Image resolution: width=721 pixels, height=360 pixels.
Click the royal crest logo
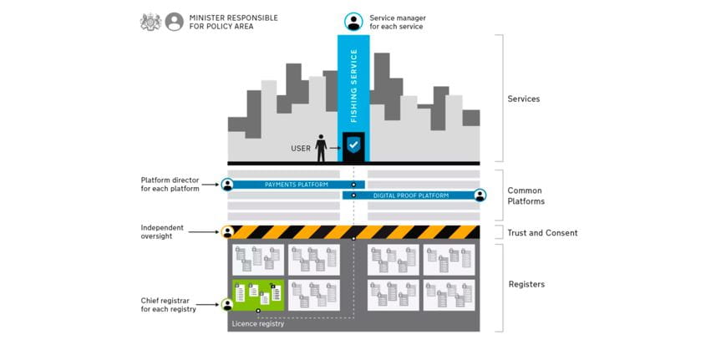coord(151,22)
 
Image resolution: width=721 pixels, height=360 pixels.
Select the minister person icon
coord(175,22)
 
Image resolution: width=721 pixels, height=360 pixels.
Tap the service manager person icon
coord(353,22)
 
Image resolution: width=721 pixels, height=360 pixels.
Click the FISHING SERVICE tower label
coord(353,85)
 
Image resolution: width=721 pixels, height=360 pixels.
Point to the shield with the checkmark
coord(353,145)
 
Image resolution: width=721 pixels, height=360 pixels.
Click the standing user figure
coord(321,148)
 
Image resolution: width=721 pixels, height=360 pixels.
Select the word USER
coord(301,149)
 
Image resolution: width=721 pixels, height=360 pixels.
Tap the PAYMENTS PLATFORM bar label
coord(297,185)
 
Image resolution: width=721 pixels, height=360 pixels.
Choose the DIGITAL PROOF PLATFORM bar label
coord(410,195)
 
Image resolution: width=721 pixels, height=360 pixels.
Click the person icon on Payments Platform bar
coord(227,185)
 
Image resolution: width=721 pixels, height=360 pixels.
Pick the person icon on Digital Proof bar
coord(480,195)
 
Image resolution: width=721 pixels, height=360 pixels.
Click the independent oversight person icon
coord(227,232)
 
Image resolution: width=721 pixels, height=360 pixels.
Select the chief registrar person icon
coord(227,304)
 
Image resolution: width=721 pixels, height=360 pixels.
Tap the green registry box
coord(258,295)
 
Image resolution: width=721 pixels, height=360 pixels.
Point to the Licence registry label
coord(258,324)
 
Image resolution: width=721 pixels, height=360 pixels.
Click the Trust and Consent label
coord(542,233)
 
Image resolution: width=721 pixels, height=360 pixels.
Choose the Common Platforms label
coord(526,195)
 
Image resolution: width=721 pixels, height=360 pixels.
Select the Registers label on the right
coord(526,284)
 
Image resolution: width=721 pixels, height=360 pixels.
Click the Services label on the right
coord(524,99)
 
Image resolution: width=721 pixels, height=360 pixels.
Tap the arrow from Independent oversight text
coord(204,232)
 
